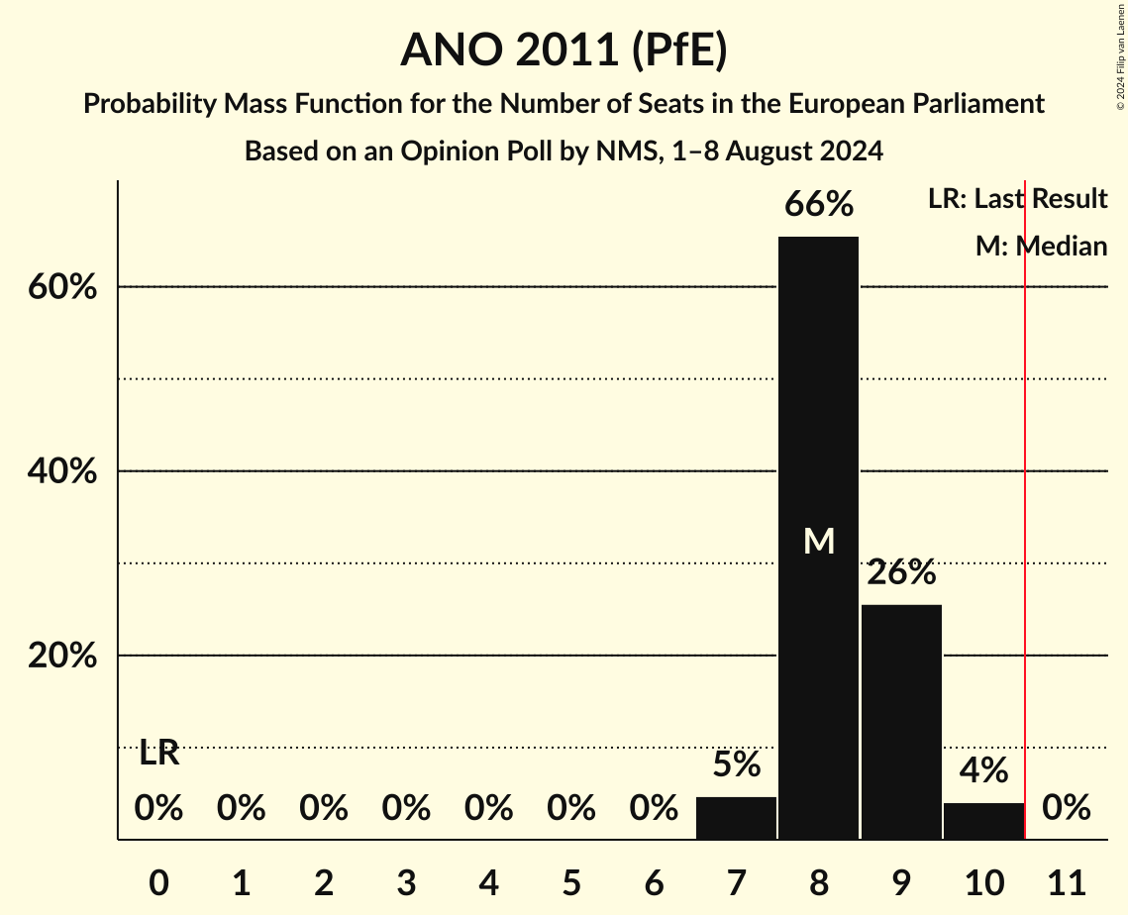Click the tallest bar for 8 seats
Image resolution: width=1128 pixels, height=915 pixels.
click(x=818, y=416)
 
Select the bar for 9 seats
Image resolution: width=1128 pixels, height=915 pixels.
click(x=901, y=722)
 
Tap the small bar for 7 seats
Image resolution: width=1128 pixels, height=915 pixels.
click(x=736, y=818)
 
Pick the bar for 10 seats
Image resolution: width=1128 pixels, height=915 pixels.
click(x=983, y=821)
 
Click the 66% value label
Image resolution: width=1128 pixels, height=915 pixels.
click(x=818, y=205)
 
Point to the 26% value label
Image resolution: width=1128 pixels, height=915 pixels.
click(x=901, y=572)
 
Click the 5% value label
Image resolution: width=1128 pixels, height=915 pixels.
click(x=736, y=764)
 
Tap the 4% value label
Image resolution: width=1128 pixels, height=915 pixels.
click(x=983, y=770)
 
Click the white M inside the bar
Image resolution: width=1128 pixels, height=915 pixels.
click(x=818, y=541)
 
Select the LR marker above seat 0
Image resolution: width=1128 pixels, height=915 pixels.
click(x=158, y=753)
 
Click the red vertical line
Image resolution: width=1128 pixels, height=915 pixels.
click(x=1025, y=495)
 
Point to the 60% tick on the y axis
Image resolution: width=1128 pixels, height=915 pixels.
click(x=61, y=287)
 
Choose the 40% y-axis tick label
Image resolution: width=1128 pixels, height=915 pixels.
click(x=61, y=471)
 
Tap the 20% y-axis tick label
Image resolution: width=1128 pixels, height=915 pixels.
click(x=61, y=657)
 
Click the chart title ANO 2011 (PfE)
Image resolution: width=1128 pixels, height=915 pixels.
click(x=564, y=50)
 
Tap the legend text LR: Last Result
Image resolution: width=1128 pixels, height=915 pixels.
click(x=1017, y=199)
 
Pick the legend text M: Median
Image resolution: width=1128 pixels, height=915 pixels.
click(x=1041, y=247)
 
